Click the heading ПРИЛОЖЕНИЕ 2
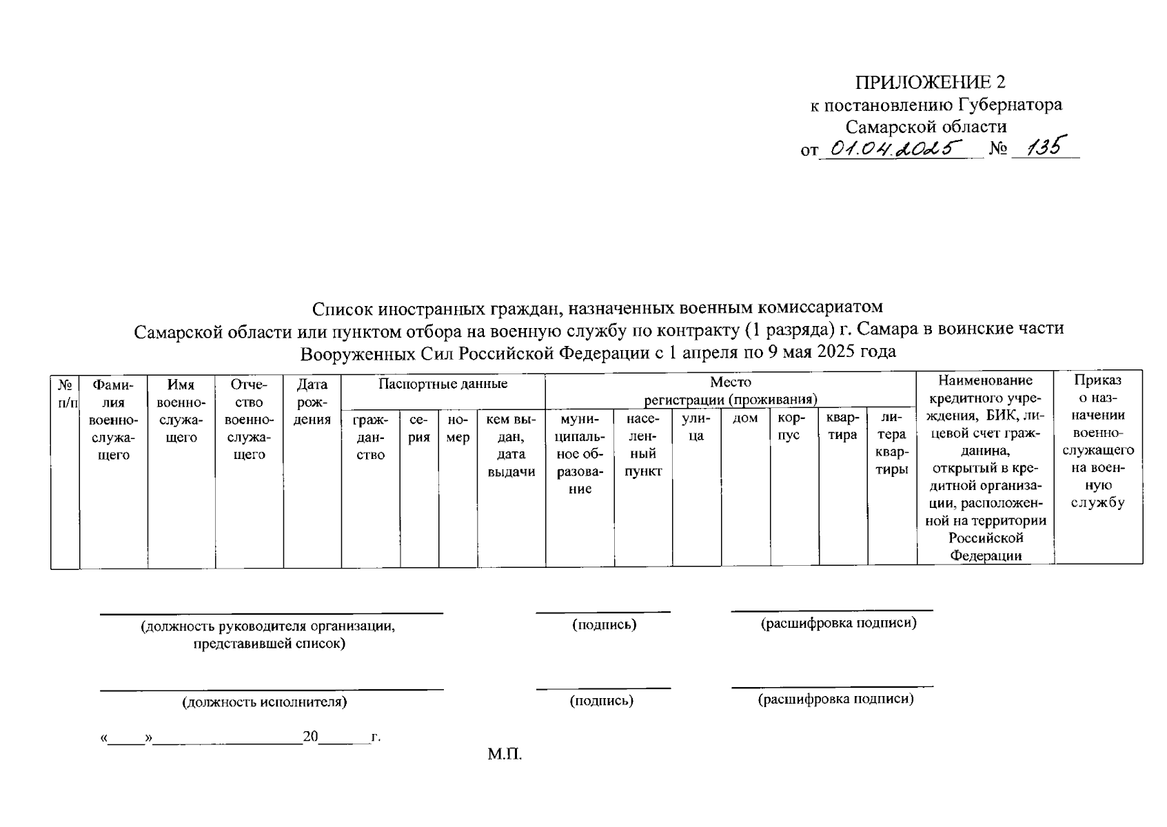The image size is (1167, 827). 930,83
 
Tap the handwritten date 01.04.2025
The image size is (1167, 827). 895,147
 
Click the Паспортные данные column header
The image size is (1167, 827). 443,384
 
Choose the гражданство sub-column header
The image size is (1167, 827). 370,436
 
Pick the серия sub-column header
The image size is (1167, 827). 418,428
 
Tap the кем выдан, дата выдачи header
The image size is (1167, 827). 511,445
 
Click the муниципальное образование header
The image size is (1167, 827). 580,453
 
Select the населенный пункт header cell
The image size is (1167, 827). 642,445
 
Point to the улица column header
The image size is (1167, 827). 696,427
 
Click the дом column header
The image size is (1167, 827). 745,418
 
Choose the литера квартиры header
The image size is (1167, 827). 891,445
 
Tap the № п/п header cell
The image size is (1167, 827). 65,393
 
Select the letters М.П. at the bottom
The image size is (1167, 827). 505,754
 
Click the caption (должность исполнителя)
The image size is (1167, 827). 264,702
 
